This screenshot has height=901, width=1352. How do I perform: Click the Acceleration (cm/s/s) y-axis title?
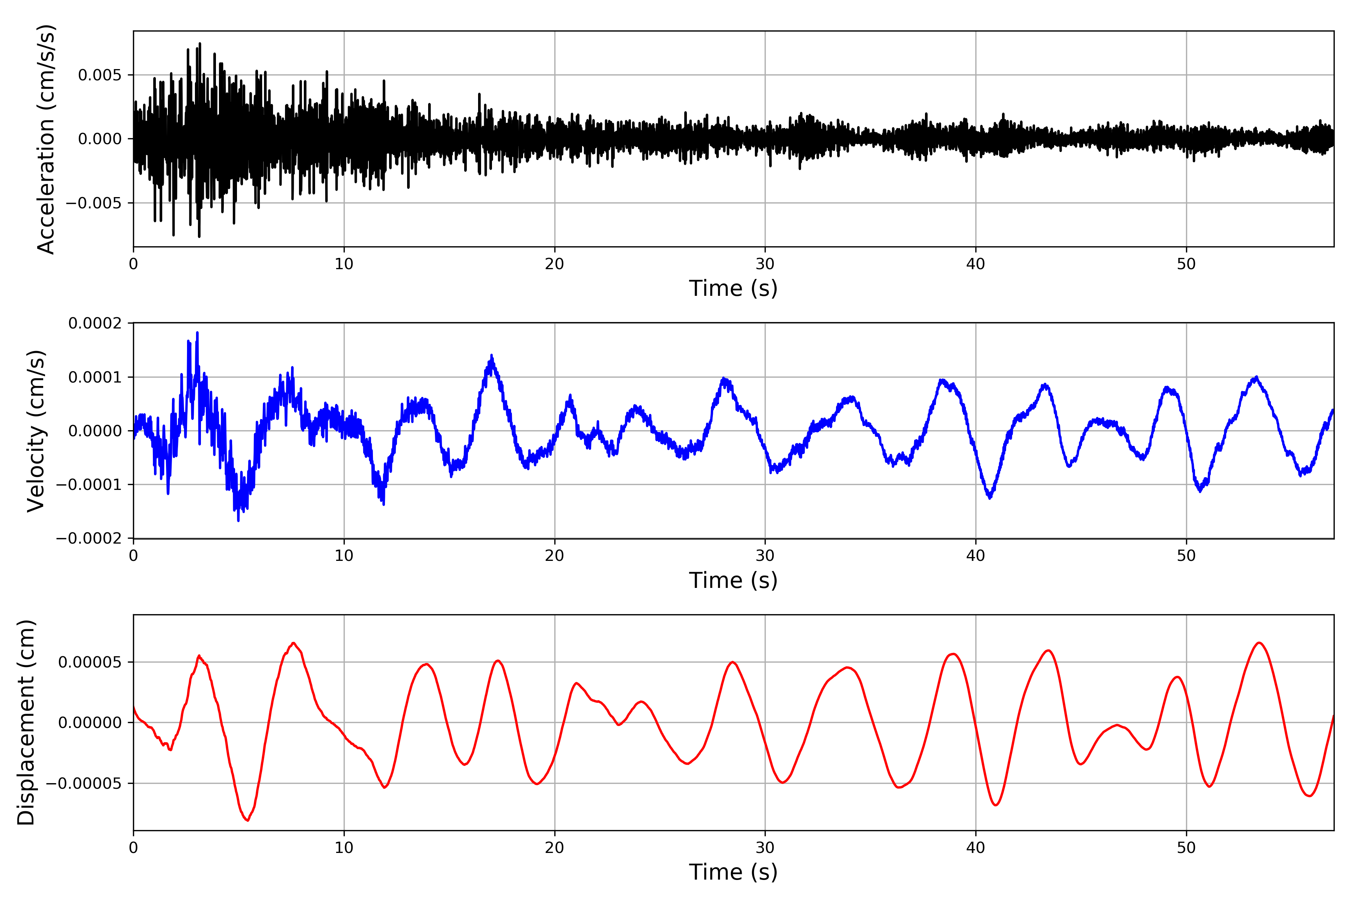[x=46, y=139]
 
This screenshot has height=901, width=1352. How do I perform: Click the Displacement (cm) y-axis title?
[x=26, y=722]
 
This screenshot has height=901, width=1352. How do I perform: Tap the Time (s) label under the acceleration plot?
[x=733, y=288]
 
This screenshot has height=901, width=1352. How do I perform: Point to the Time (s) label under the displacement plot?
[x=733, y=872]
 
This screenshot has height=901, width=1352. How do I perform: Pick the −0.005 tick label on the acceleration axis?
[x=94, y=203]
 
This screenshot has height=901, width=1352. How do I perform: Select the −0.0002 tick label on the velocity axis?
[x=89, y=538]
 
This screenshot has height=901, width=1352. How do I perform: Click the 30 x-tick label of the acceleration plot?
[x=765, y=264]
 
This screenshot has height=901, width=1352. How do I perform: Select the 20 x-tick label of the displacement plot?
[x=555, y=848]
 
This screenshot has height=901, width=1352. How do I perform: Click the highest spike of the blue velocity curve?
[x=197, y=333]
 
